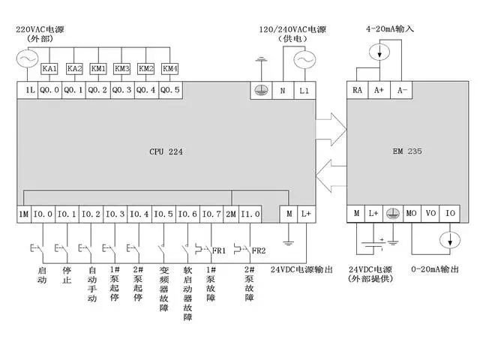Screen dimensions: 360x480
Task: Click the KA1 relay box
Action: (x=52, y=68)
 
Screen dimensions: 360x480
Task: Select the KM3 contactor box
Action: (x=123, y=68)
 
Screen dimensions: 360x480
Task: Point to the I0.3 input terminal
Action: (x=115, y=214)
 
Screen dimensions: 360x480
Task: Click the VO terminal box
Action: (x=430, y=214)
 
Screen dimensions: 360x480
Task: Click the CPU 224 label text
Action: (x=166, y=152)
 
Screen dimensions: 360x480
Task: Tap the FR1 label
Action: (x=218, y=250)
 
